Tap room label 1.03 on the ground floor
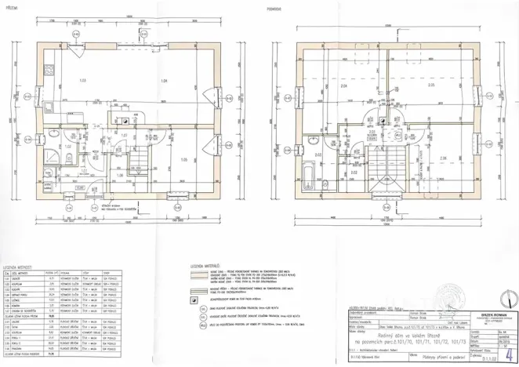coord(82,80)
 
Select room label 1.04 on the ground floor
coord(164,82)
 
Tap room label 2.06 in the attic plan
coord(443,159)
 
